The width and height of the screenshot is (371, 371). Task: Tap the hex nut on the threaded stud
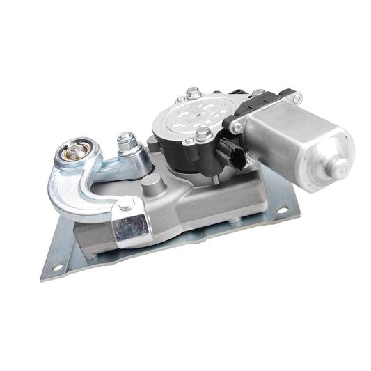tap(127, 145)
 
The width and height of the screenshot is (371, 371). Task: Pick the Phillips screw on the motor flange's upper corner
tap(258, 95)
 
